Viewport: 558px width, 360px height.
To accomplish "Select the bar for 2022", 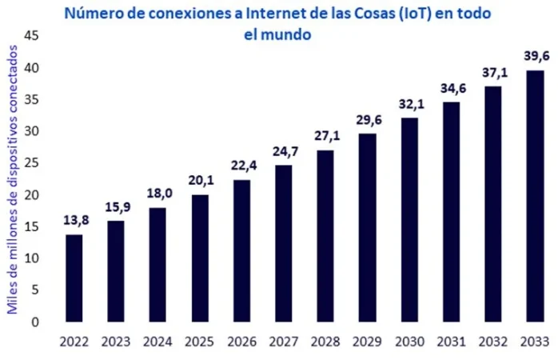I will (x=74, y=278).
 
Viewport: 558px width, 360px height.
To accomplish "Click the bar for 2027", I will (x=284, y=243).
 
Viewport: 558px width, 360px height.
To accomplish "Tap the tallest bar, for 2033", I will (x=536, y=196).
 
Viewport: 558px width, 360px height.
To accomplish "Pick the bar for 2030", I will (x=409, y=220).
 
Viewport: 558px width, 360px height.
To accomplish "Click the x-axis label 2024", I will (x=158, y=342).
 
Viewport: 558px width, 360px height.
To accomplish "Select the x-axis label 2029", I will (x=368, y=342).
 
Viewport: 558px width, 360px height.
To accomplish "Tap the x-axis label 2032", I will (x=493, y=342).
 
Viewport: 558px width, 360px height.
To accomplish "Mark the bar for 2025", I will (x=200, y=258).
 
